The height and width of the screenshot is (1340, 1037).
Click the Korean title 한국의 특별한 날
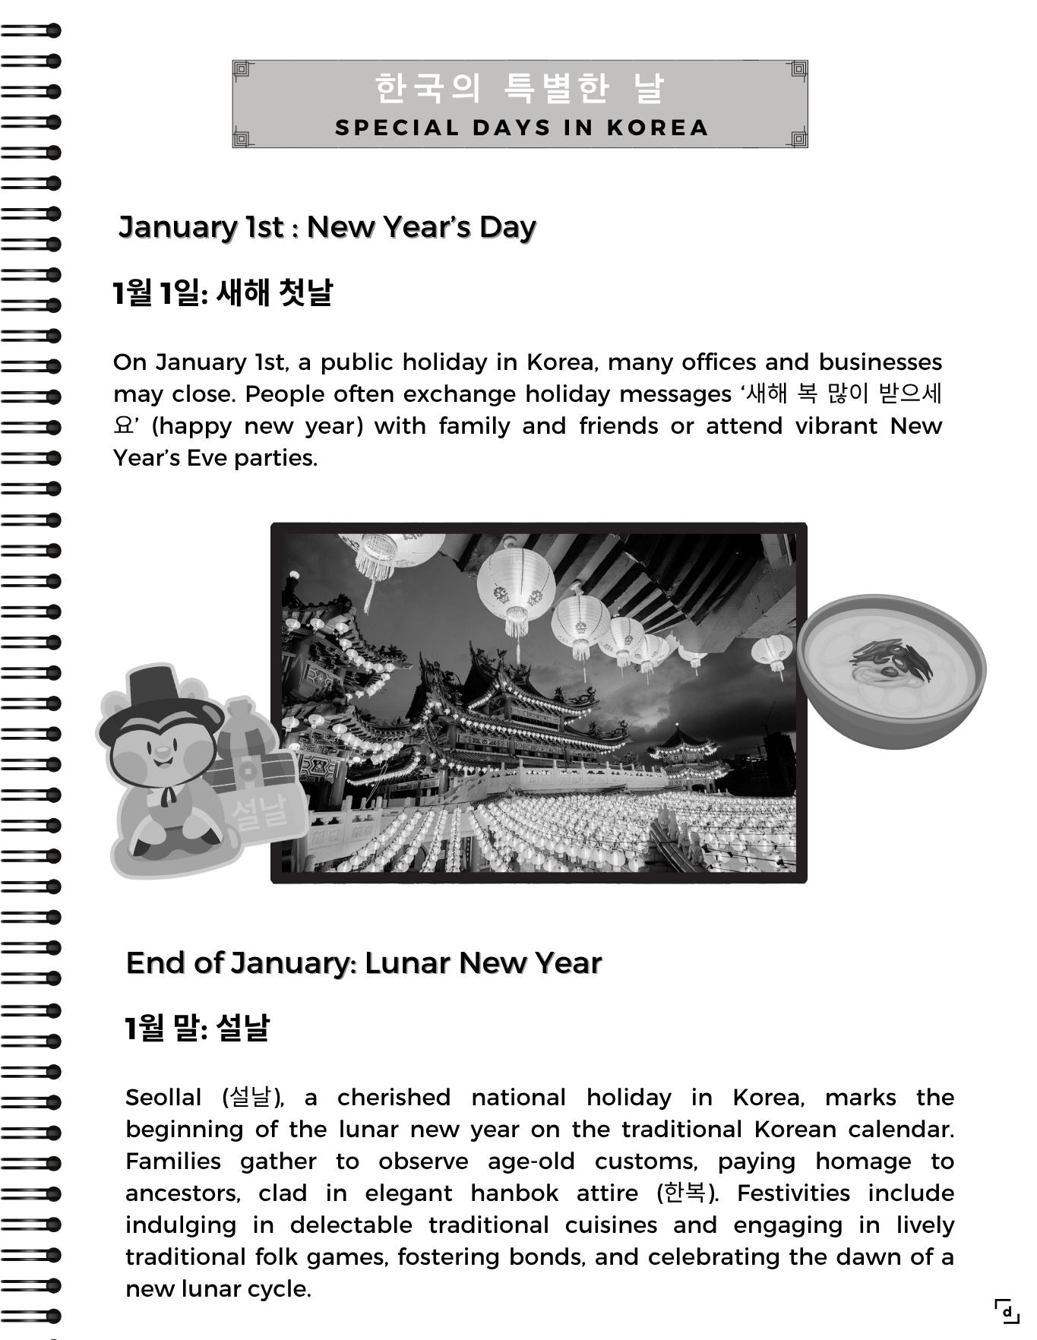520,88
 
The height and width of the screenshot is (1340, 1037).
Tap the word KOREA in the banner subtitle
658,128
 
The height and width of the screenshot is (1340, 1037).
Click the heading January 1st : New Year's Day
327,226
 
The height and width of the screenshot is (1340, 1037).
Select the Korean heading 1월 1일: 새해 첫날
223,292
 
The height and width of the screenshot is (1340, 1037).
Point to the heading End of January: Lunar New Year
364,962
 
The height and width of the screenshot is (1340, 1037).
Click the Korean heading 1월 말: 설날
198,1028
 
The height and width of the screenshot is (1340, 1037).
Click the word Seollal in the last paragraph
163,1098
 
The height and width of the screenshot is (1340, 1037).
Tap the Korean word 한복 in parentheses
684,1193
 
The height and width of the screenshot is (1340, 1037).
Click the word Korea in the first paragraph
556,362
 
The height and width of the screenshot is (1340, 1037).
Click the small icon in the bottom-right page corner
1007,1311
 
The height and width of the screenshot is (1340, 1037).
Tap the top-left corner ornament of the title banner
242,71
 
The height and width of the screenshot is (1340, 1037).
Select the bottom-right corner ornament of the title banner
798,137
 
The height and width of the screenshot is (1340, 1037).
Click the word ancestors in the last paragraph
182,1193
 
